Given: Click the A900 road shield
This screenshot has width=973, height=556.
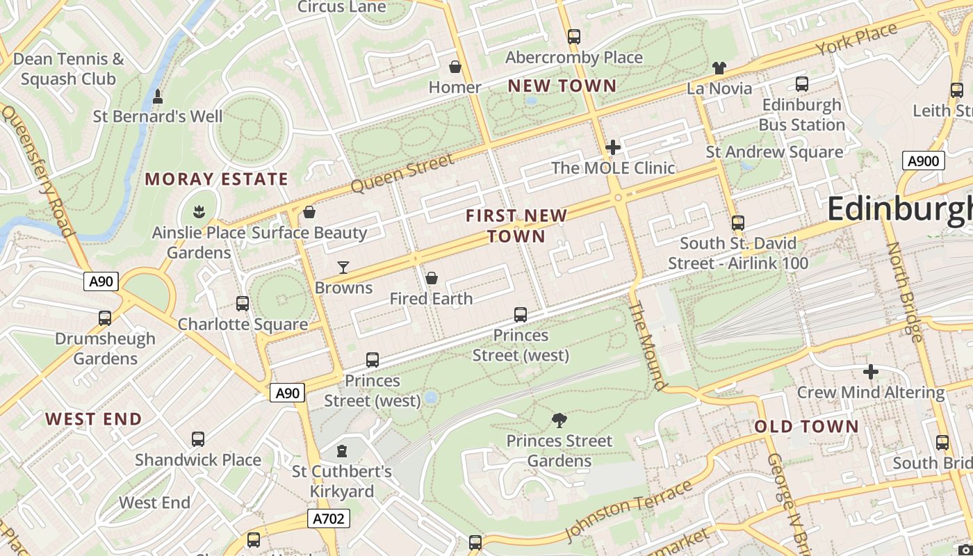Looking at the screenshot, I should pyautogui.click(x=924, y=161).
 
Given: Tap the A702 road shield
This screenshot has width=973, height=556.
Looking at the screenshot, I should pyautogui.click(x=328, y=518).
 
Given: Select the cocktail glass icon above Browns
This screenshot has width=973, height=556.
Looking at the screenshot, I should pyautogui.click(x=343, y=267).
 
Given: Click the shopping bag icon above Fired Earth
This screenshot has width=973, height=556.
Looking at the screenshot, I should pyautogui.click(x=432, y=278).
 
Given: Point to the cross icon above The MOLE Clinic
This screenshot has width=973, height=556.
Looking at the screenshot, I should pyautogui.click(x=613, y=147).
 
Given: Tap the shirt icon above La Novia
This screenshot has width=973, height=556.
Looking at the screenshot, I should pyautogui.click(x=719, y=68).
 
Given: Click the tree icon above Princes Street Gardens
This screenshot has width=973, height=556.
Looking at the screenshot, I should pyautogui.click(x=559, y=420).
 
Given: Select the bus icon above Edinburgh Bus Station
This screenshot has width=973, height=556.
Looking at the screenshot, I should pyautogui.click(x=801, y=84).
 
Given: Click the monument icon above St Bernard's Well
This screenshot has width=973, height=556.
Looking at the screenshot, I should pyautogui.click(x=158, y=96).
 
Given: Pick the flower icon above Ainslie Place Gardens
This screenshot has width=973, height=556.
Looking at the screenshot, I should pyautogui.click(x=199, y=211).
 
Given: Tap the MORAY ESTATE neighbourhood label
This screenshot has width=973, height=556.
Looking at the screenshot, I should pyautogui.click(x=216, y=179).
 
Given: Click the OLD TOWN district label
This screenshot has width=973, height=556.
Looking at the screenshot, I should pyautogui.click(x=806, y=427).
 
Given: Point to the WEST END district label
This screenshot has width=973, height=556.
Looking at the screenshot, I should pyautogui.click(x=94, y=419).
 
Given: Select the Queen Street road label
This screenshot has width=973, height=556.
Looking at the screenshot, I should pyautogui.click(x=402, y=174).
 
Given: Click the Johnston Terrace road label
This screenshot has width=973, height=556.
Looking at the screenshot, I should pyautogui.click(x=628, y=510).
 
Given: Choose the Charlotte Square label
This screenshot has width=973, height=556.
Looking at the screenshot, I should pyautogui.click(x=243, y=325).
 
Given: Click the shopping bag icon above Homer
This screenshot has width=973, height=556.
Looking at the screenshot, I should pyautogui.click(x=455, y=67).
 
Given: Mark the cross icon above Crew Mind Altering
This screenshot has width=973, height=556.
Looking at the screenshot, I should pyautogui.click(x=870, y=372).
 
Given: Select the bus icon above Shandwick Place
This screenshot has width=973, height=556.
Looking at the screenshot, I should pyautogui.click(x=198, y=439).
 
